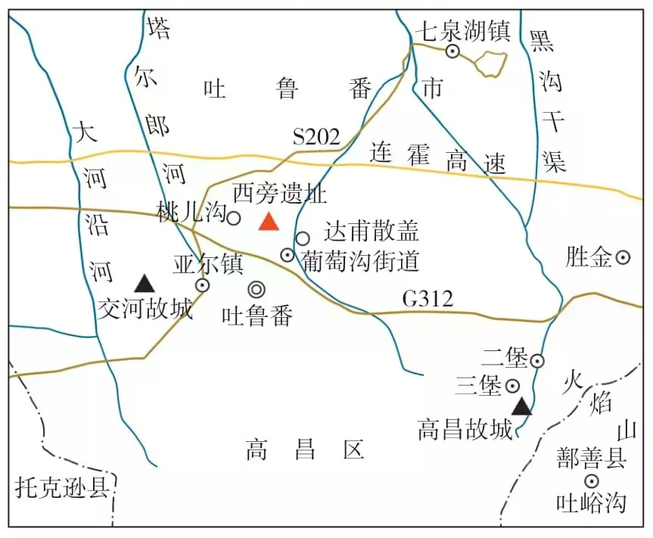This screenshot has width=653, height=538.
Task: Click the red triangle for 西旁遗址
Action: coord(268,221)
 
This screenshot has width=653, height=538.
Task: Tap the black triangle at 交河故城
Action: coord(145,284)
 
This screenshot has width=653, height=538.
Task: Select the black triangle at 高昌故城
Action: coord(521,407)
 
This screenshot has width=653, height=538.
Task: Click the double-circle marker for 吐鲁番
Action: coord(257,288)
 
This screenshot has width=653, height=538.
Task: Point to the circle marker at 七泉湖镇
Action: coord(452,51)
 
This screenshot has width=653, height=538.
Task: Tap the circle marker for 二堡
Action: coord(536,361)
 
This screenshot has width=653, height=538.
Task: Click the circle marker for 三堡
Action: coord(512,386)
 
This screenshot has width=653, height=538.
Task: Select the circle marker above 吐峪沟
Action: coord(591,480)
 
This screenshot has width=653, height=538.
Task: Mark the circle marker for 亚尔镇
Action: coord(203,285)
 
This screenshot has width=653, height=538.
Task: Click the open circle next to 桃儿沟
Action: coord(234,218)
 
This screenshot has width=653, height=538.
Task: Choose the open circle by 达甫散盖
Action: coord(303,238)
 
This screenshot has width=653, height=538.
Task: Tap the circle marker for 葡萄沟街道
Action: coord(288,255)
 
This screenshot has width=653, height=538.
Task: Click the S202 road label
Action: coord(316,137)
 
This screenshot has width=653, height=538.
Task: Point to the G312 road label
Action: coord(428,300)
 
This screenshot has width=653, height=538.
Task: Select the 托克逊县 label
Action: coord(62,488)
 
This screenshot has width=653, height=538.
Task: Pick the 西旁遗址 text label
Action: coord(280,194)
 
